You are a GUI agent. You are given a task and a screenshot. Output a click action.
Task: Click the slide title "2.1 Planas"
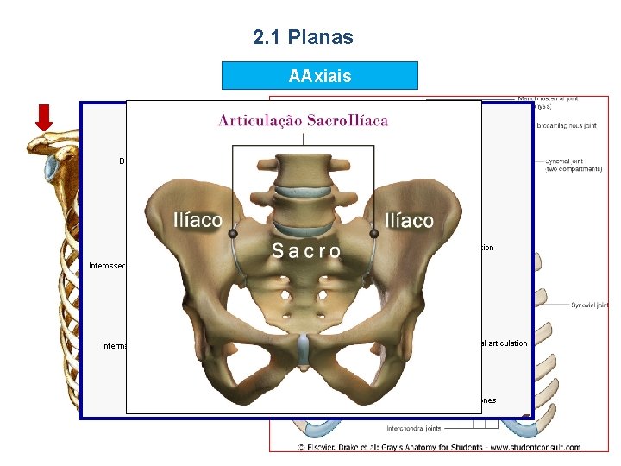303,37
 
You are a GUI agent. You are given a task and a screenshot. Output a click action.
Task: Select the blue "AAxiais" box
319,76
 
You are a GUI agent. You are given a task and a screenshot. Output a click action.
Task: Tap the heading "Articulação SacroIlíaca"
303,120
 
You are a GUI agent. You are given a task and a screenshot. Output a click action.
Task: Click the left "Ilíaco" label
198,220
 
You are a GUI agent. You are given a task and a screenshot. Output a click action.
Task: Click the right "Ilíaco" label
409,221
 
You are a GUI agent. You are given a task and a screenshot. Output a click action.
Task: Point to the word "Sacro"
305,251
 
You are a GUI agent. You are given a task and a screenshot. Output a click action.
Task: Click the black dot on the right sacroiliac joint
373,233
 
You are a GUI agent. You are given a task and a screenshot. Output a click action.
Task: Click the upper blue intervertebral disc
303,171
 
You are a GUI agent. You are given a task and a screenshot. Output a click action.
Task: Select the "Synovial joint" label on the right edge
590,305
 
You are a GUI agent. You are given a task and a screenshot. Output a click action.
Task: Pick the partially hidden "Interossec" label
108,266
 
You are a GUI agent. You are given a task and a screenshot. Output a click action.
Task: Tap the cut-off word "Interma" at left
114,346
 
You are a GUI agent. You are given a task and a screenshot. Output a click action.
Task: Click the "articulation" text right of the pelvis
504,343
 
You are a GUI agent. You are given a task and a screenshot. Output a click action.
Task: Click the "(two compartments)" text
575,170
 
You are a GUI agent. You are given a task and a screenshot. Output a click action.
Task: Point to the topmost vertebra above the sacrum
303,160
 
